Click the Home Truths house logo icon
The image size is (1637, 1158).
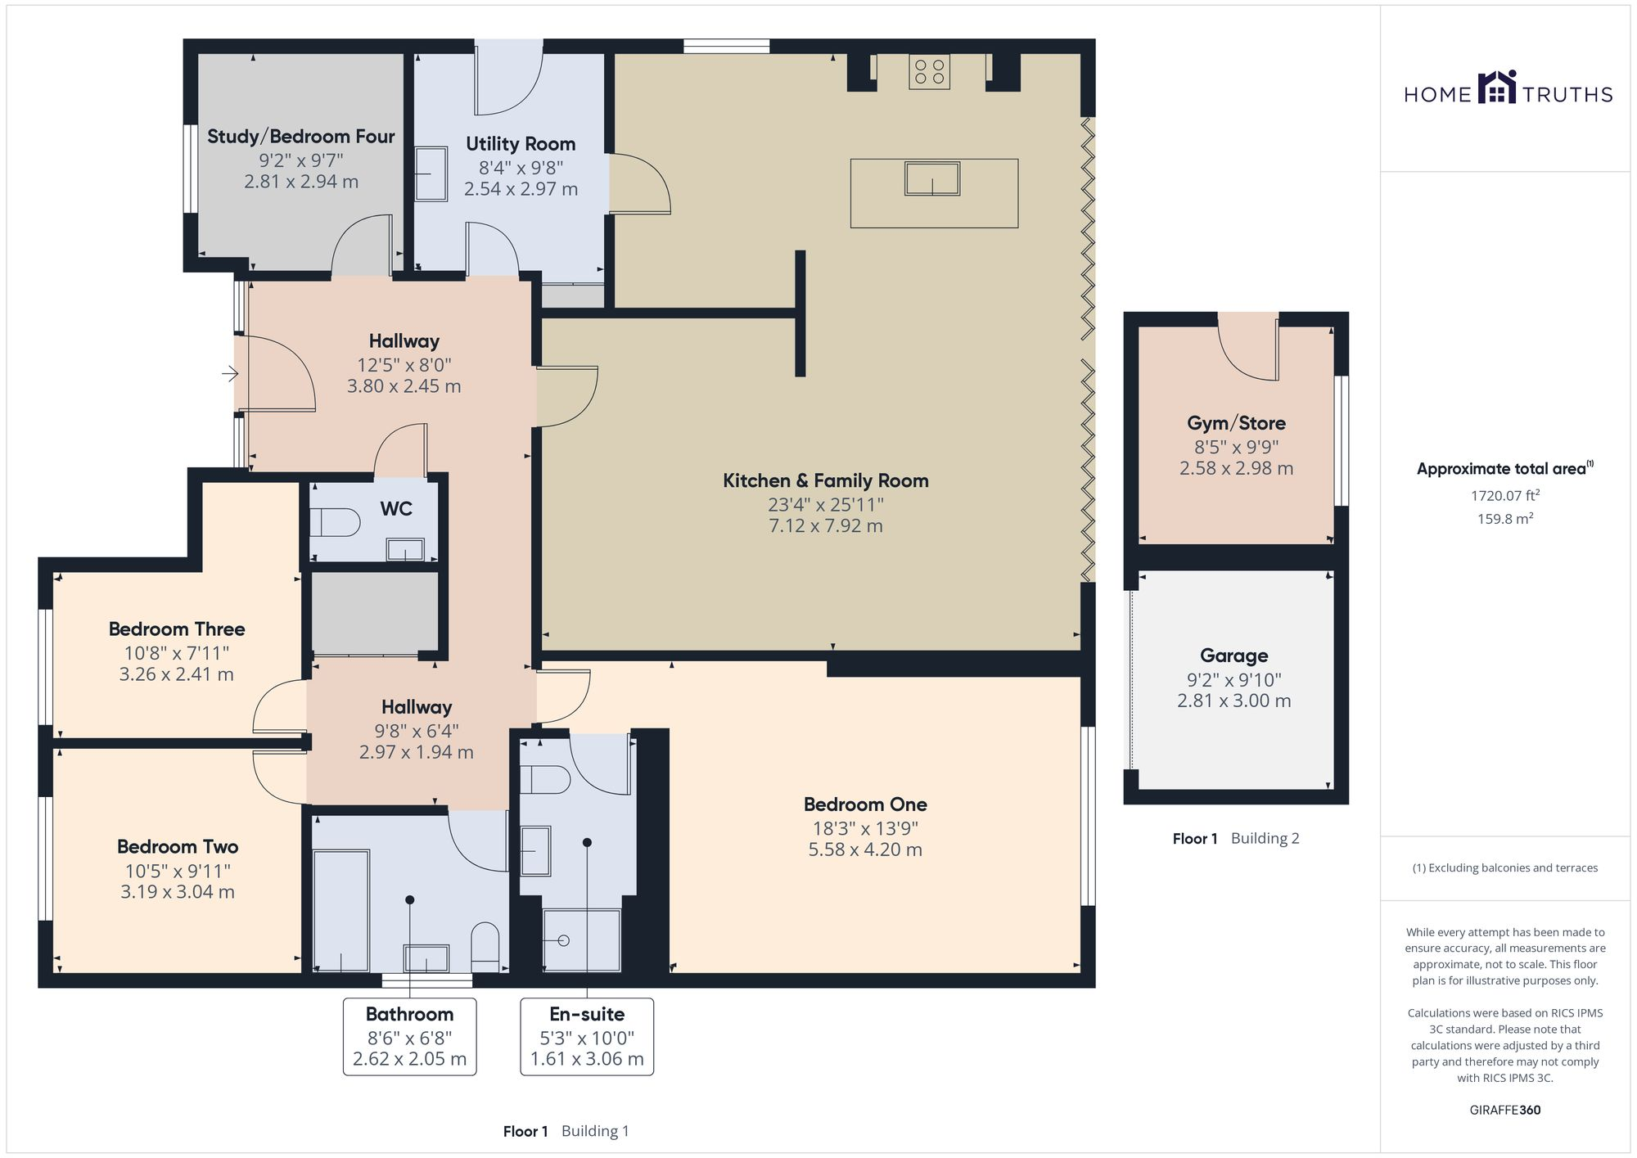[x=1497, y=88]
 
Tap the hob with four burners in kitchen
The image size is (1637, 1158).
[x=929, y=71]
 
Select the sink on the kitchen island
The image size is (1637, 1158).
[x=931, y=178]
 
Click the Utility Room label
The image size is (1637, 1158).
[x=521, y=144]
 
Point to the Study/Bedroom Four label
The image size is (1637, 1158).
[x=300, y=137]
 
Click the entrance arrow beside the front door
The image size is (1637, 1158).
[x=230, y=374]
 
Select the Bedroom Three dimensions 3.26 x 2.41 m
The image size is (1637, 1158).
[x=176, y=674]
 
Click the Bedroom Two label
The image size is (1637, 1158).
[x=178, y=847]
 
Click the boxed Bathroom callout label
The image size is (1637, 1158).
[x=409, y=1036]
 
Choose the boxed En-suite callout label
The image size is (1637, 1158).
[x=587, y=1036]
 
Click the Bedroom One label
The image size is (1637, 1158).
[x=865, y=804]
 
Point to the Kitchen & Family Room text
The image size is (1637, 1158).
[x=825, y=481]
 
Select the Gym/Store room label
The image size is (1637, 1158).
[x=1236, y=423]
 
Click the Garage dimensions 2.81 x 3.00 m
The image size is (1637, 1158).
[x=1233, y=701]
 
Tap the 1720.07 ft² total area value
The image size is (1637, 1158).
[x=1504, y=495]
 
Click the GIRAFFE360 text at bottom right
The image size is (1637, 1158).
[x=1504, y=1110]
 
